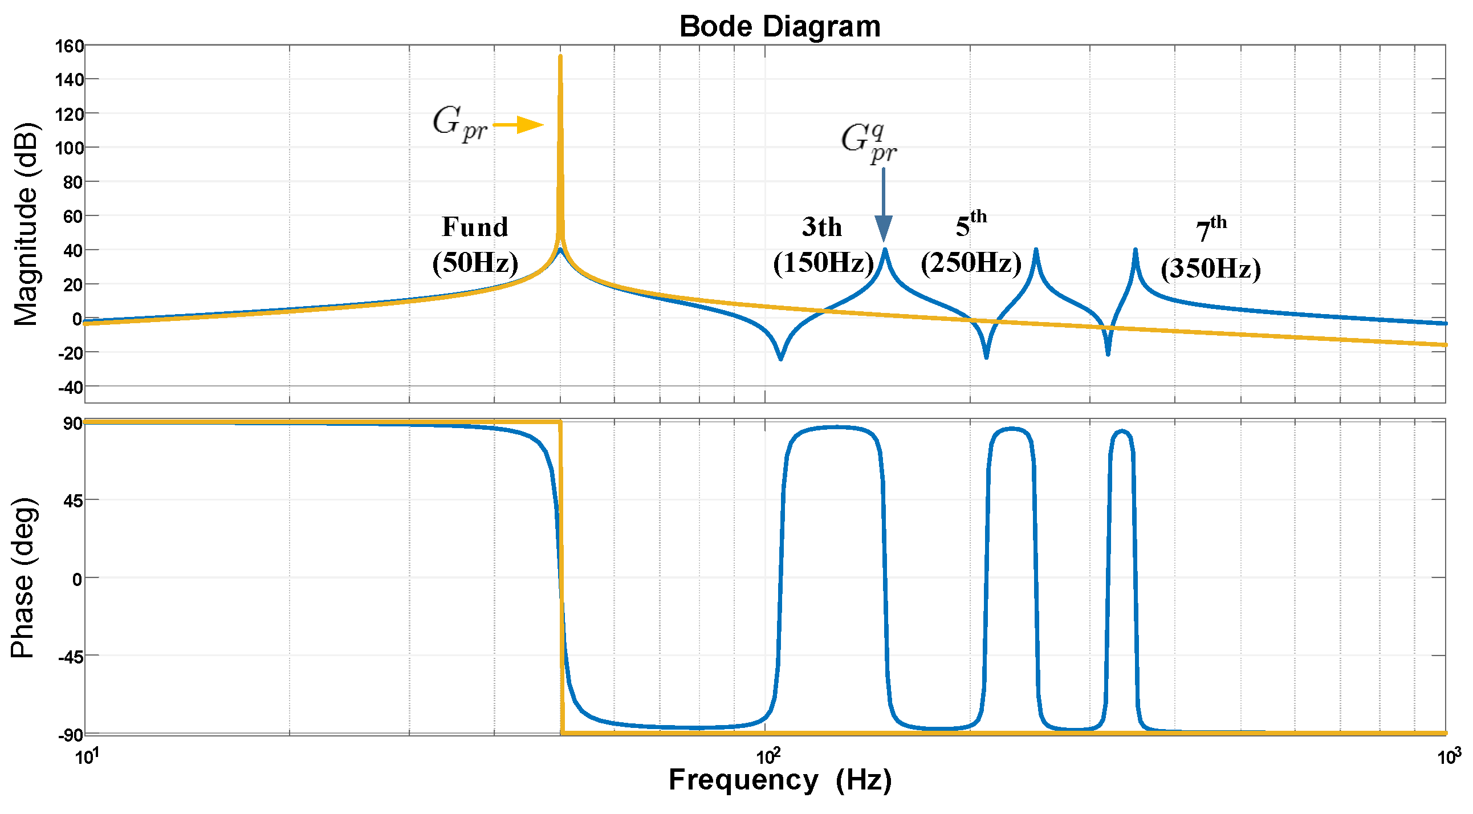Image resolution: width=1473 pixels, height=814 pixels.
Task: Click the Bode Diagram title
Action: [779, 27]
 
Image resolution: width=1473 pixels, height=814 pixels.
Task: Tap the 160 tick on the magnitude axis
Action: [70, 46]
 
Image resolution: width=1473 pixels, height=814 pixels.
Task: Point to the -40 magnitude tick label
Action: [70, 388]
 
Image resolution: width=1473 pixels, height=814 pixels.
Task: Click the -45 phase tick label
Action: [71, 657]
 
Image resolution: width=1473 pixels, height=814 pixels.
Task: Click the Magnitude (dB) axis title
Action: [26, 224]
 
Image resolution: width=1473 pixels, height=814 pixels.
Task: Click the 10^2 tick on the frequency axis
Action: [767, 758]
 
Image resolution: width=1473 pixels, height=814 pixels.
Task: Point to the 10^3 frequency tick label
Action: [1448, 758]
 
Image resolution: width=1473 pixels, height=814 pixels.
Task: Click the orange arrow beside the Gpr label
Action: [518, 125]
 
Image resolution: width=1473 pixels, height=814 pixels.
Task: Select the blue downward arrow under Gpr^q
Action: [884, 206]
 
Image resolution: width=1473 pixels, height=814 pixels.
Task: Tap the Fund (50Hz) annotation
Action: [475, 245]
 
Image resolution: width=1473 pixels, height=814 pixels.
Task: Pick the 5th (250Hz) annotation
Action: [971, 243]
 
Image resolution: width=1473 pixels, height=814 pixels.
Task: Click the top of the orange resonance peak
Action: [560, 57]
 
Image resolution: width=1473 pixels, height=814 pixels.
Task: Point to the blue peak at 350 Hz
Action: [1136, 251]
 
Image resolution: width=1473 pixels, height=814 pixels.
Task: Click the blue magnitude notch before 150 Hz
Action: [780, 358]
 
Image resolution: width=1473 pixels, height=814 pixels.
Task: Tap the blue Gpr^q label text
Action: [869, 143]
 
